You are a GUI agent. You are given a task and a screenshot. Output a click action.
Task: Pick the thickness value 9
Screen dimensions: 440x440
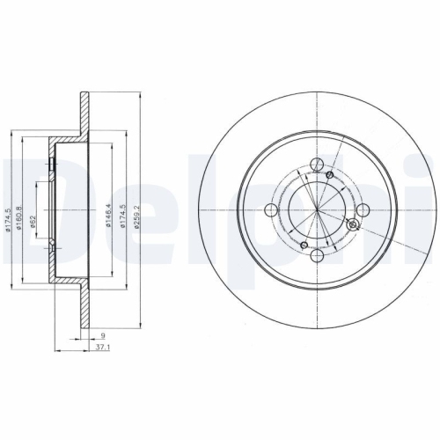click(x=103, y=335)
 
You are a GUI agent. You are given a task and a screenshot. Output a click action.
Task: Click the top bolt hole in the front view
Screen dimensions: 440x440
click(x=314, y=162)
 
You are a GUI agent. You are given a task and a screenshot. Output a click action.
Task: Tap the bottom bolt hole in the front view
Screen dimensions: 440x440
click(x=314, y=256)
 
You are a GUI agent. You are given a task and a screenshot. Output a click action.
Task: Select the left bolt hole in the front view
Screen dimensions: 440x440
click(x=268, y=209)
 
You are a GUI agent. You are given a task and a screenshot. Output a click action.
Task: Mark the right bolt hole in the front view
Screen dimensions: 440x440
click(x=362, y=209)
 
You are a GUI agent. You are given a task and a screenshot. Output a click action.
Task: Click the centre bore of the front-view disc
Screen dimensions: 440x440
click(x=314, y=209)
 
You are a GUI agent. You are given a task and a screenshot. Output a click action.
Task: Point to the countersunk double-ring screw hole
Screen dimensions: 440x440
click(x=353, y=226)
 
